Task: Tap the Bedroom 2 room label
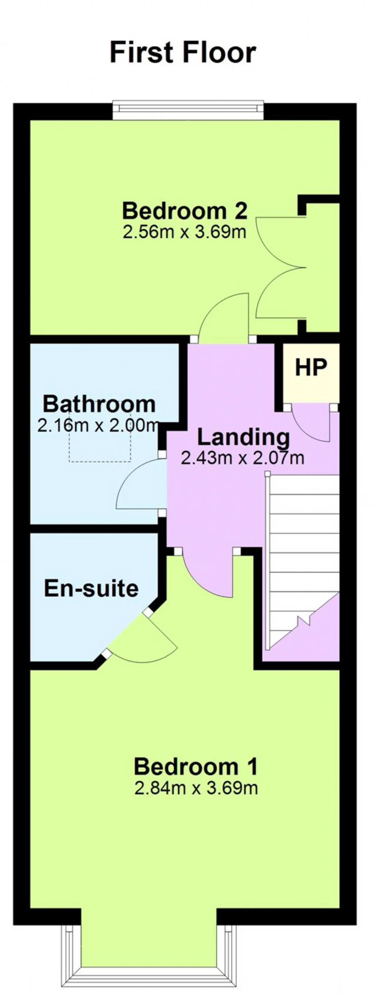[x=185, y=211]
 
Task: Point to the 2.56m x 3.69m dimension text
[x=185, y=232]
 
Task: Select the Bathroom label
[x=99, y=404]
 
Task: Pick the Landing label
[x=244, y=438]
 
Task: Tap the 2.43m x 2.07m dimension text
[x=243, y=458]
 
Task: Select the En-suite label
[x=91, y=588]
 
